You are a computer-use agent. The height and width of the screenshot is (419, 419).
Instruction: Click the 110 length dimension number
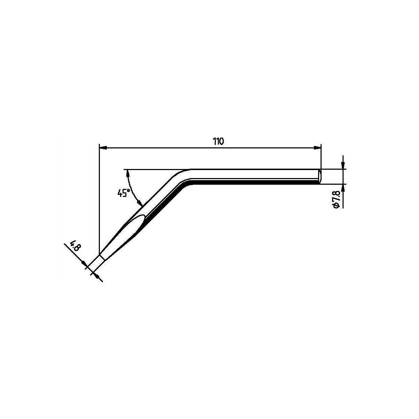[x=218, y=141]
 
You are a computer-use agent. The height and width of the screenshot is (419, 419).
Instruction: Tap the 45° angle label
[x=124, y=193]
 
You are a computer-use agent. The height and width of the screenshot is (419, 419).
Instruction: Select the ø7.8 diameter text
[x=336, y=199]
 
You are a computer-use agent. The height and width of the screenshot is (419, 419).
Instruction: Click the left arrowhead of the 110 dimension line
[x=103, y=148]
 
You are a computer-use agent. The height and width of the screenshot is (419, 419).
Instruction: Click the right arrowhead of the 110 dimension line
[x=317, y=148]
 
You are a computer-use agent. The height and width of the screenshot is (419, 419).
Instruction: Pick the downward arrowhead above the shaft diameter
[x=343, y=166]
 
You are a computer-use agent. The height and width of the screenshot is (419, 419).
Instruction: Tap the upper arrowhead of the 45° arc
[x=128, y=174]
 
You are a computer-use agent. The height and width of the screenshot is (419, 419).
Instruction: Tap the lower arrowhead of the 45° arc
[x=140, y=204]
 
